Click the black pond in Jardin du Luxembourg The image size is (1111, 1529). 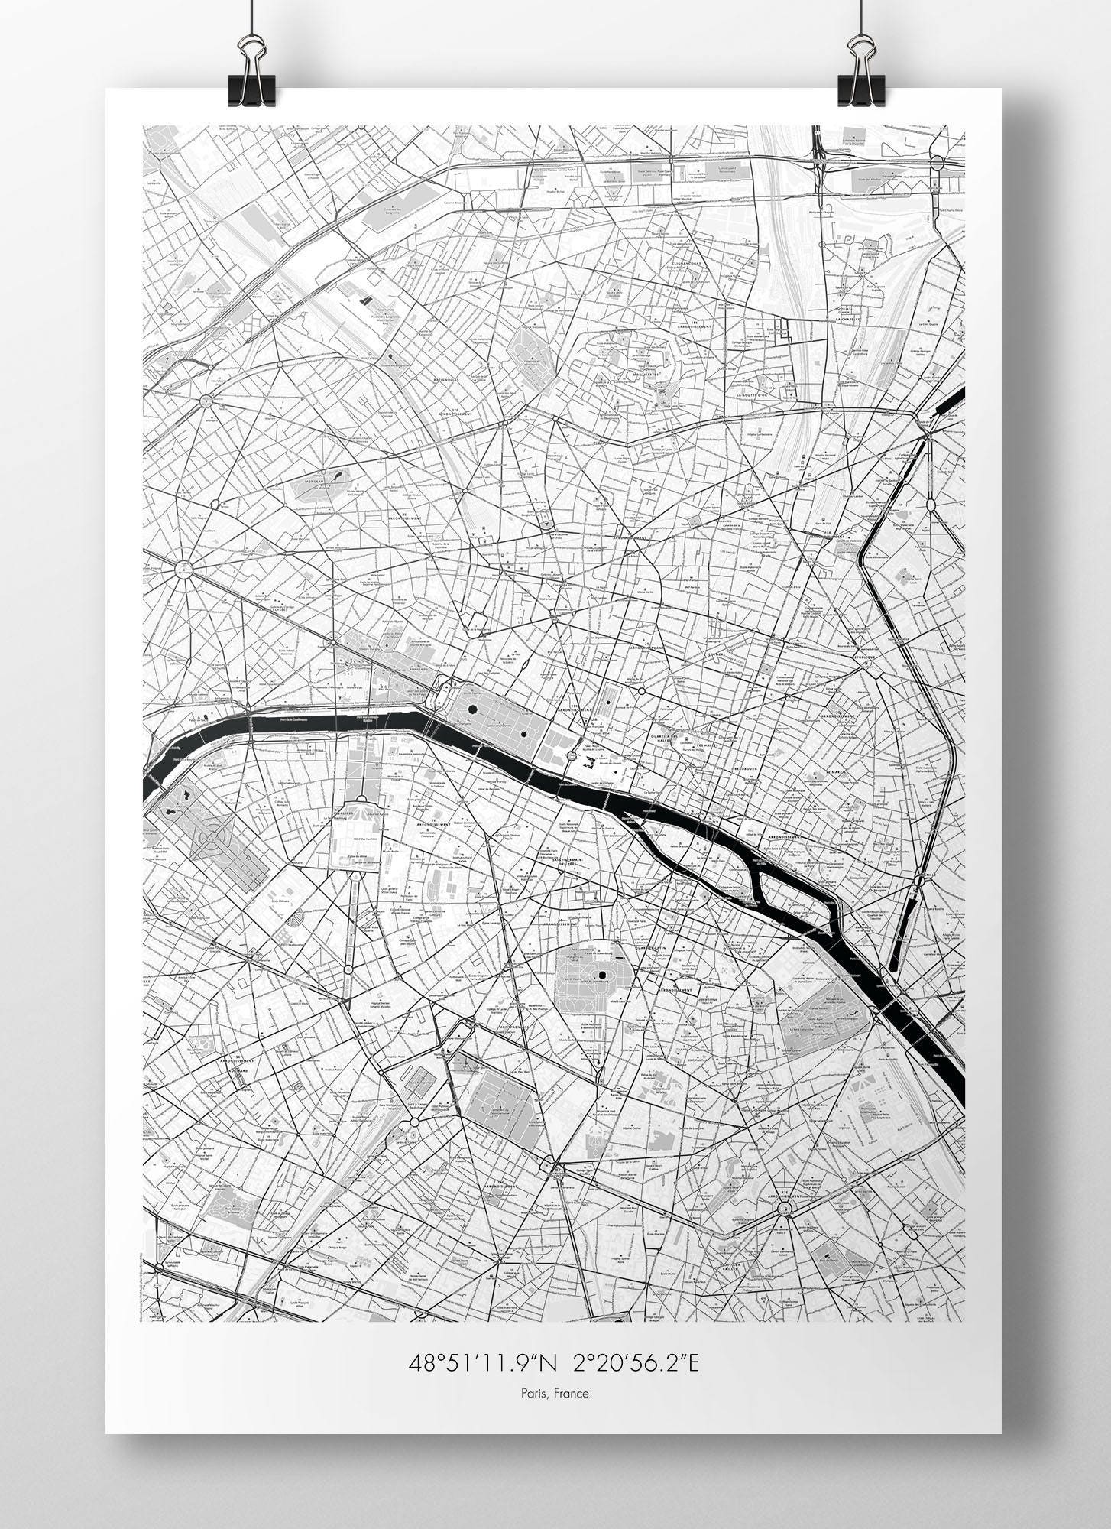click(602, 975)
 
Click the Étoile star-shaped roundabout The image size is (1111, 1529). click(183, 568)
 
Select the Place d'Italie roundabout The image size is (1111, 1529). click(784, 1207)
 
